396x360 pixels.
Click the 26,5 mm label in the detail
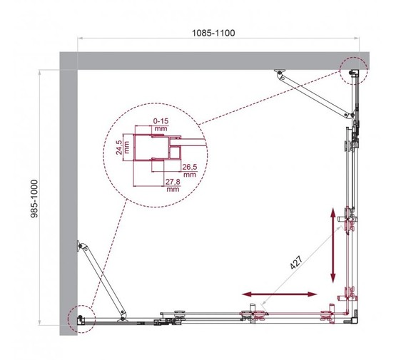point(189,170)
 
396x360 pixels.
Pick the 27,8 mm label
point(172,186)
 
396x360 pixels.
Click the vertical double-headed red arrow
point(332,245)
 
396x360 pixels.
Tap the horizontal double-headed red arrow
point(279,294)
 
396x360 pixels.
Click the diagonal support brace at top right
point(318,92)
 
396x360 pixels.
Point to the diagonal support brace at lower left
point(103,279)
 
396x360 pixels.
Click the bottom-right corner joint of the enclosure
point(351,317)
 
